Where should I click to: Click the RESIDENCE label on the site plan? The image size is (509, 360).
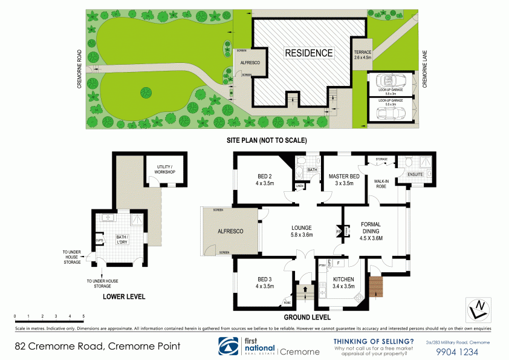tap(309, 53)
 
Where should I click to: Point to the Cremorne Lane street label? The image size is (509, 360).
tap(424, 70)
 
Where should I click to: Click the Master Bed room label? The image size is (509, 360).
tap(344, 180)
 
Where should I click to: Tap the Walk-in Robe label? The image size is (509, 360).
tap(381, 183)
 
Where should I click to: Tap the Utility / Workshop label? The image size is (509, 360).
tap(164, 170)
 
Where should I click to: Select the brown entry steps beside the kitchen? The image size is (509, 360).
tap(376, 286)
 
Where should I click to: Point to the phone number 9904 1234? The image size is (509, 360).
tap(457, 352)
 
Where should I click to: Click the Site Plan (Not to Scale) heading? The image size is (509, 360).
tap(266, 140)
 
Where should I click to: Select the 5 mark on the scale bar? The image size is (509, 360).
tap(83, 316)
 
